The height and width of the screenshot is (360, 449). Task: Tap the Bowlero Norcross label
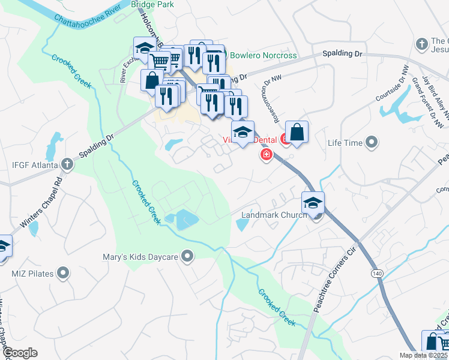(x=263, y=56)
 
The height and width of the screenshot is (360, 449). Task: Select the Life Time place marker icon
(x=372, y=143)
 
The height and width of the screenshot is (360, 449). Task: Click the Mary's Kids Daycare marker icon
(x=188, y=257)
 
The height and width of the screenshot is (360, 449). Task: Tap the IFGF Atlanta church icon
(x=67, y=164)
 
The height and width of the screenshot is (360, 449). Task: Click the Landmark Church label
(x=274, y=215)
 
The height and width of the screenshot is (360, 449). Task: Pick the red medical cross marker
(x=266, y=155)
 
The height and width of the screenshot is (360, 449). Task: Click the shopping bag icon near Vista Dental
(x=297, y=131)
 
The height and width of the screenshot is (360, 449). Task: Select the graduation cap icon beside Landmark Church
(x=313, y=203)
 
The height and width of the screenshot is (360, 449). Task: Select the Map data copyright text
(x=429, y=356)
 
